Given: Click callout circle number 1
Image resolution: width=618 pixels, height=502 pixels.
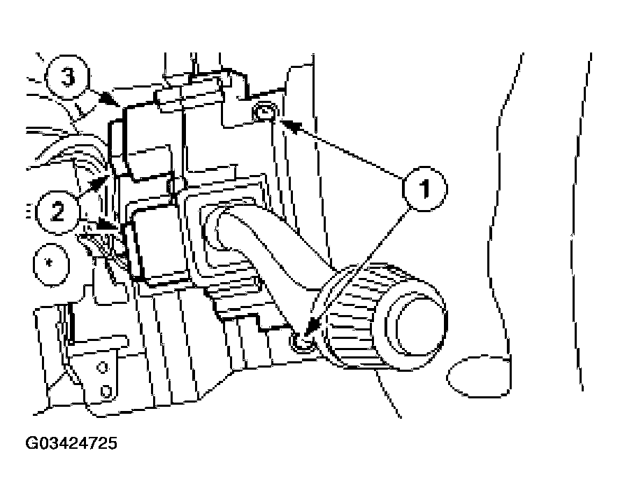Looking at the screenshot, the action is [425, 189].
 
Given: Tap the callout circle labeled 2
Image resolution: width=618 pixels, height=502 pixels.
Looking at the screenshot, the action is [57, 212].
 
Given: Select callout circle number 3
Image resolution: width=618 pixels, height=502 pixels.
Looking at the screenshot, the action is [67, 77].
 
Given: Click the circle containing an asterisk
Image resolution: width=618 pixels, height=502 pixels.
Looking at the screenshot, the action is [50, 264].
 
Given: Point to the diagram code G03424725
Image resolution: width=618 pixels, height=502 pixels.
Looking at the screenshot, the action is [71, 442].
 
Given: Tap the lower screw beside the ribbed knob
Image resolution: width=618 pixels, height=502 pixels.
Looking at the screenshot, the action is [302, 341].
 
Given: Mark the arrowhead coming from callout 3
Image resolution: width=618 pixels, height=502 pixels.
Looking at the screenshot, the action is [110, 99].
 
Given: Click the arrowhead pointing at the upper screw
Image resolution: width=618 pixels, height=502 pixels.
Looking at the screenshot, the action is [289, 124].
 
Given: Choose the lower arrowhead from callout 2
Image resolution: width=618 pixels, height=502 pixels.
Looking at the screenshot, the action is [106, 225].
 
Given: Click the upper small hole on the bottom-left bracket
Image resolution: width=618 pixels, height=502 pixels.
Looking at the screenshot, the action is [103, 368].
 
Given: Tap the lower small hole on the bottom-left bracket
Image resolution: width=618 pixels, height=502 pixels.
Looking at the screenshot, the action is [106, 391].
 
